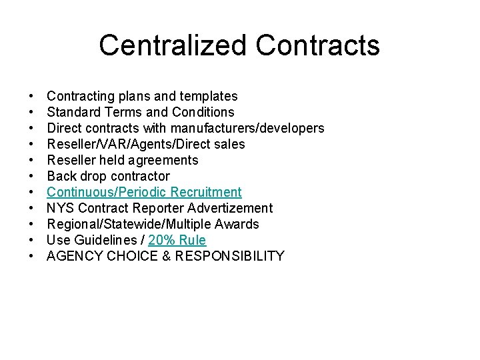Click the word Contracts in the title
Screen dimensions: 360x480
(317, 45)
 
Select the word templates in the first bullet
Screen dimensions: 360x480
(207, 96)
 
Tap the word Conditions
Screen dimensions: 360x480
(203, 112)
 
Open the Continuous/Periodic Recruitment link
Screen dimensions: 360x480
(144, 192)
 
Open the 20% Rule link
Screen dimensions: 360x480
(177, 240)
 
